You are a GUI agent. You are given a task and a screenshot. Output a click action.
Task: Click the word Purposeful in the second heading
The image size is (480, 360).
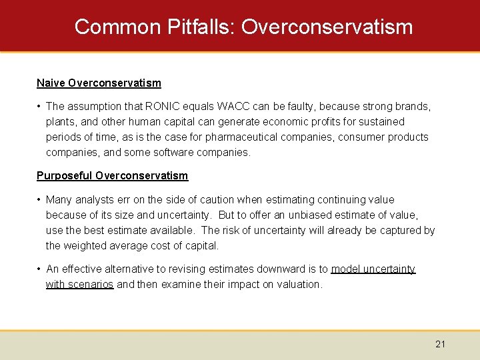(65, 176)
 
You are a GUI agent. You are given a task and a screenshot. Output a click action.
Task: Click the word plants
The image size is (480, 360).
(60, 122)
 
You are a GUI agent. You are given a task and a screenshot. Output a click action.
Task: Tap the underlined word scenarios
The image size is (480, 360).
(92, 285)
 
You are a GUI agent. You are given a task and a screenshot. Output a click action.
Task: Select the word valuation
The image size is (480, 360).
(299, 285)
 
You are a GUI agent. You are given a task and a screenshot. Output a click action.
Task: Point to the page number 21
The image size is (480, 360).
(440, 344)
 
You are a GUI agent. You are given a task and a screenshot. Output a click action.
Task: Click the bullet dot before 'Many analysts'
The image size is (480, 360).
(40, 200)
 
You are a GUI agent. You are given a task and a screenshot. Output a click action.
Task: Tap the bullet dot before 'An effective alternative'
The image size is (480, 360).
(40, 269)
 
